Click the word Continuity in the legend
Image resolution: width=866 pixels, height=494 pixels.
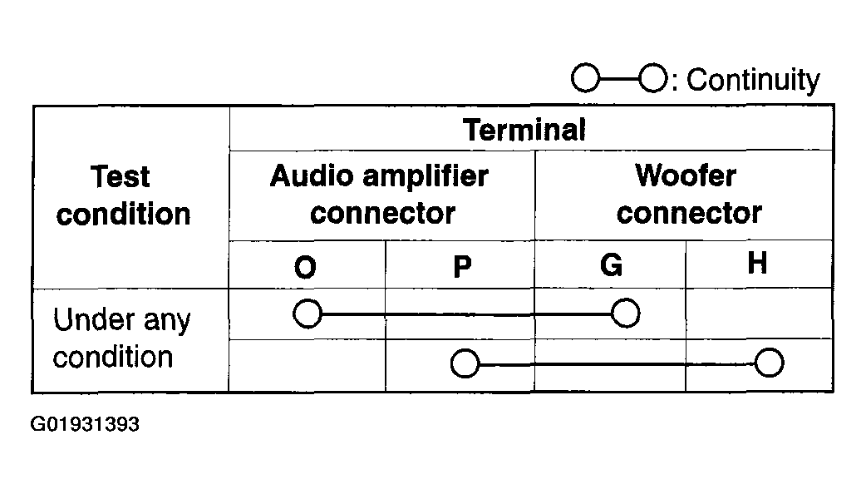(753, 81)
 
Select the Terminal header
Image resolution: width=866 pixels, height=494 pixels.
(524, 130)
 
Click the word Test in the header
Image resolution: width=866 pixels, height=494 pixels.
(120, 177)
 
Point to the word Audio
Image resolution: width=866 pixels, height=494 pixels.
(312, 176)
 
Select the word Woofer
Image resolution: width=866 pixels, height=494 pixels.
(686, 175)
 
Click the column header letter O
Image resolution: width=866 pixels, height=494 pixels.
(305, 268)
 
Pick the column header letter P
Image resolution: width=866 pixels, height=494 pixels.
(462, 268)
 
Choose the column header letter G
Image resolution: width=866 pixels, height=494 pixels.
(612, 265)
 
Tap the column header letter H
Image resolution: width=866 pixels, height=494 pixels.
(757, 263)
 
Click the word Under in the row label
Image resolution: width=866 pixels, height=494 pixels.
(94, 319)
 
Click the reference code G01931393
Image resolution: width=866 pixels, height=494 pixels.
(85, 424)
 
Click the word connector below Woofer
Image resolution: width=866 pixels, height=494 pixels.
(689, 214)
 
